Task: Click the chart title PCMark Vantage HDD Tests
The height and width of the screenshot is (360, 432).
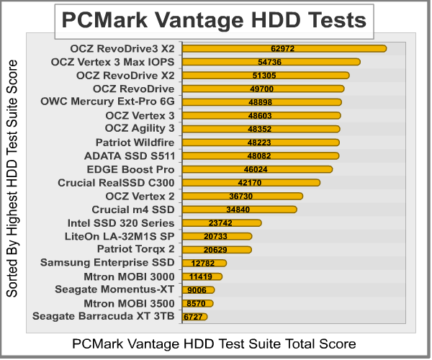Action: pos(215,20)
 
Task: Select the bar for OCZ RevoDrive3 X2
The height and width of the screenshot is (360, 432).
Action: pos(284,48)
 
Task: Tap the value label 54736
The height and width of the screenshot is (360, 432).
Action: pos(271,62)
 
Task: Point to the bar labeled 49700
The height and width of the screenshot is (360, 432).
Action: pos(263,89)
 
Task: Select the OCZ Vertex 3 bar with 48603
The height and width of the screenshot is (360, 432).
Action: pos(261,115)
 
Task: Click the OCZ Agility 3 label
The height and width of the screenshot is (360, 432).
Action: pos(140,128)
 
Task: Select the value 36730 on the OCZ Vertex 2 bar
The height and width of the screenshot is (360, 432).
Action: pos(241,196)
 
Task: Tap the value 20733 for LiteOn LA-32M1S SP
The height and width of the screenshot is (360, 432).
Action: pos(217,236)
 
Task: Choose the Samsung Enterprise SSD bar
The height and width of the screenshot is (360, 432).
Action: pos(204,263)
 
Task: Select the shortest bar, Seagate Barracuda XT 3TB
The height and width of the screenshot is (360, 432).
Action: pos(194,316)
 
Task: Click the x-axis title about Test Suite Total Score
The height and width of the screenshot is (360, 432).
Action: pos(214,343)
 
